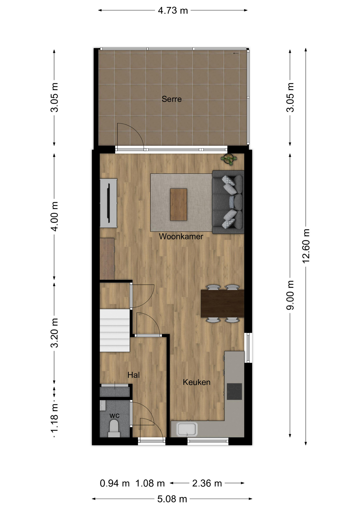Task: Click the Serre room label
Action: (x=172, y=99)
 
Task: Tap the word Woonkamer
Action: (x=181, y=236)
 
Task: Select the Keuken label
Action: (x=197, y=382)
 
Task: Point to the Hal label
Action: (x=134, y=375)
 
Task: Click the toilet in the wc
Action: (x=114, y=429)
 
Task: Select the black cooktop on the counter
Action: (x=234, y=391)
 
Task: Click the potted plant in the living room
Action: (x=229, y=159)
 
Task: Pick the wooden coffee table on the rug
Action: (x=179, y=204)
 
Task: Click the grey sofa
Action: (x=228, y=202)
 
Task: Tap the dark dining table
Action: (x=222, y=304)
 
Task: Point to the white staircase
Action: (x=115, y=330)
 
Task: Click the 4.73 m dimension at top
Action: (x=173, y=11)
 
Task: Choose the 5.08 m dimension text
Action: (x=172, y=499)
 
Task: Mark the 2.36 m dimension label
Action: (x=207, y=483)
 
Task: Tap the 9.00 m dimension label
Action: (x=290, y=295)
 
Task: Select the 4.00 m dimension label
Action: (x=55, y=216)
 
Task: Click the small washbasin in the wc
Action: (x=103, y=405)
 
